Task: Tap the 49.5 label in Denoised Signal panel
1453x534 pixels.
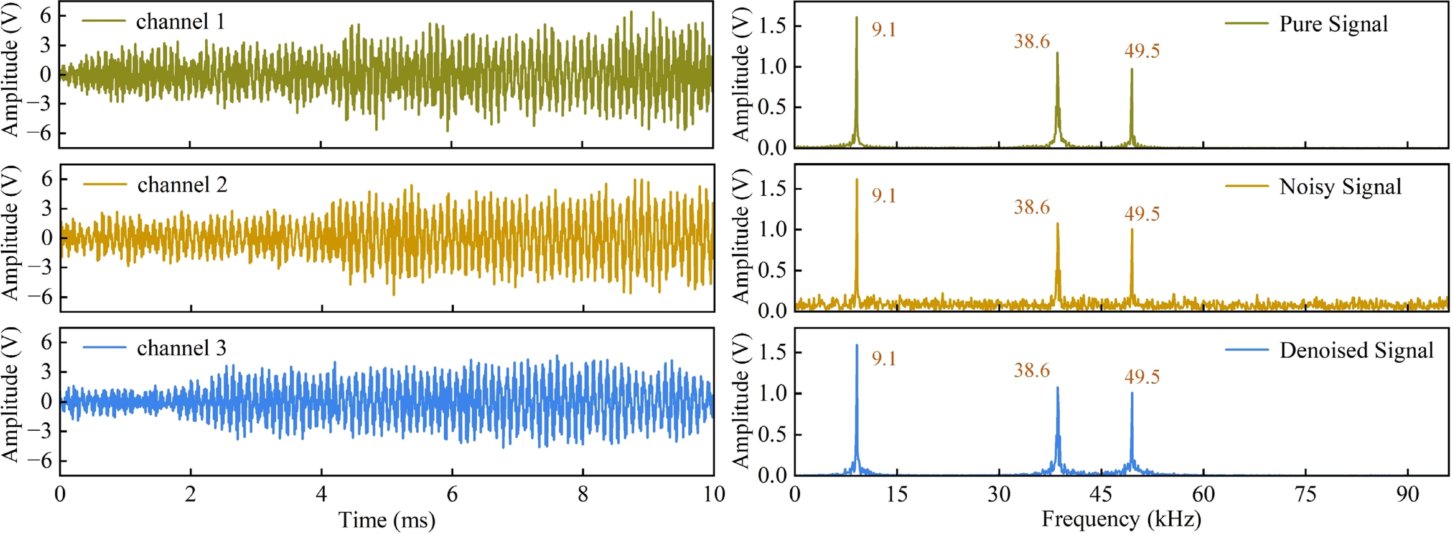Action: click(1142, 377)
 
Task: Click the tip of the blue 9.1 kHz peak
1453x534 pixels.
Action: click(857, 345)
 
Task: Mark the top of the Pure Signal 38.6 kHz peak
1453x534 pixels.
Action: click(1057, 53)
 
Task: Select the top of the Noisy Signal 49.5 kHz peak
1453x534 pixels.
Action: click(1131, 229)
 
